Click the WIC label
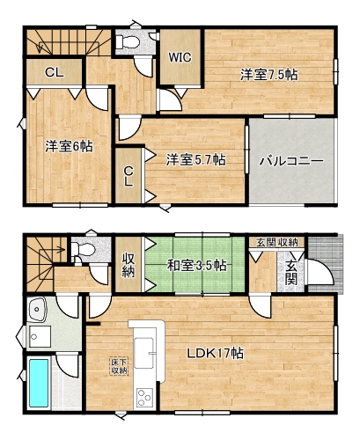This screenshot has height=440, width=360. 180,57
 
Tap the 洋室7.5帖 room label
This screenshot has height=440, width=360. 268,75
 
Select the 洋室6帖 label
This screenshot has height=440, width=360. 69,146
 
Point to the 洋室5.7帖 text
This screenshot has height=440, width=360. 195,160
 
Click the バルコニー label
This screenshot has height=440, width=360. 291,161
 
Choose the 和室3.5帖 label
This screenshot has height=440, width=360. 196,266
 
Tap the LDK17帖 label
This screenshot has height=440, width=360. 216,353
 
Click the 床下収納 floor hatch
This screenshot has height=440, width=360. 119,366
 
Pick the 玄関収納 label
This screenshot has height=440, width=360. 277,242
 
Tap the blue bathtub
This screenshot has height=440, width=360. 39,383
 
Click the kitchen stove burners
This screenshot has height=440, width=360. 145,397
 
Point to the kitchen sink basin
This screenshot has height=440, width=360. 144,353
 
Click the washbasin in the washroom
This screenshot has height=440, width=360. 36,310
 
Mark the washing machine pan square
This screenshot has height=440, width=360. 39,336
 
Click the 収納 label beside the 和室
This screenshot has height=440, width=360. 129,266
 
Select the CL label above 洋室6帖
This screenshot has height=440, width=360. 55,72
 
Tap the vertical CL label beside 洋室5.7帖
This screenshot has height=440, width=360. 128,176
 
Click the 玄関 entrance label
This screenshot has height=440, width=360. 290,273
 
